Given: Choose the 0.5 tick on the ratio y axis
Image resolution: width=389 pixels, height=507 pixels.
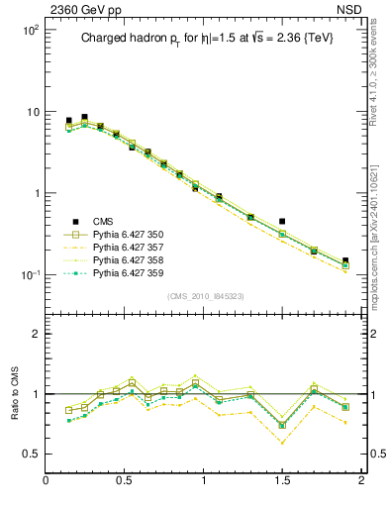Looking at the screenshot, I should [32, 454].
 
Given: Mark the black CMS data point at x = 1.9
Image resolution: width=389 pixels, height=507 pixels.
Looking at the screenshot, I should [345, 261].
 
